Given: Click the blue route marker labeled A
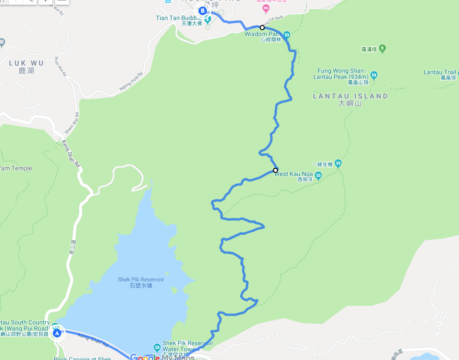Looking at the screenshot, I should point(57,333).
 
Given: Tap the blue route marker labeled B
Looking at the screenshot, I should point(203,10).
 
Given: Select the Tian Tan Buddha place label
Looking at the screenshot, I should point(179,18).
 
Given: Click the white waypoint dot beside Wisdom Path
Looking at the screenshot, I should point(262,28).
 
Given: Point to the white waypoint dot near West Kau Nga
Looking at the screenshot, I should point(275,171).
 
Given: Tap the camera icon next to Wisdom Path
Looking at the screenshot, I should point(287,34).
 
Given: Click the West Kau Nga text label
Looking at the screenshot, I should point(294,174).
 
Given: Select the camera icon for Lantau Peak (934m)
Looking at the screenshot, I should point(374,74).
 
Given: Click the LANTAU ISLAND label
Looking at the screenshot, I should point(350,96).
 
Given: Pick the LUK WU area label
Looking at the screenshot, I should point(26,63).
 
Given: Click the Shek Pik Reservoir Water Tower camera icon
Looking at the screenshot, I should point(157,347).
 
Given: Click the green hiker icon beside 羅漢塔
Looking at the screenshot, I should point(382,48).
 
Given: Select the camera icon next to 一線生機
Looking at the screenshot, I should point(338,164).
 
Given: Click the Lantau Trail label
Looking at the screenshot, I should point(441,72).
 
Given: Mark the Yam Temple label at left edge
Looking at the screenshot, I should point(16,168).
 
